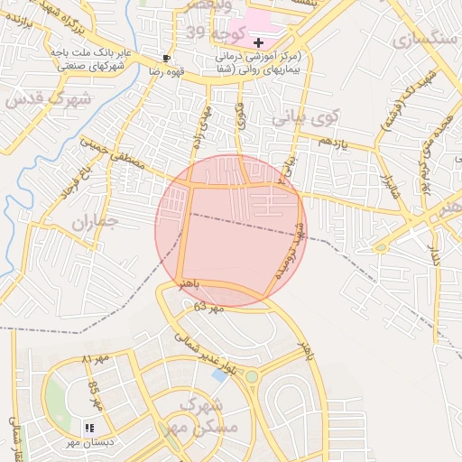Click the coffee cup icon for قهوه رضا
tap(166, 57)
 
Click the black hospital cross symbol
tap(259, 42)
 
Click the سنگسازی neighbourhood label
tap(424, 41)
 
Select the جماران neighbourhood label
tap(95, 221)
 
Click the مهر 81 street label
tap(94, 359)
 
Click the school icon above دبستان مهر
tap(89, 427)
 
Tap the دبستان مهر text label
tap(86, 442)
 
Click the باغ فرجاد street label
tap(73, 183)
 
